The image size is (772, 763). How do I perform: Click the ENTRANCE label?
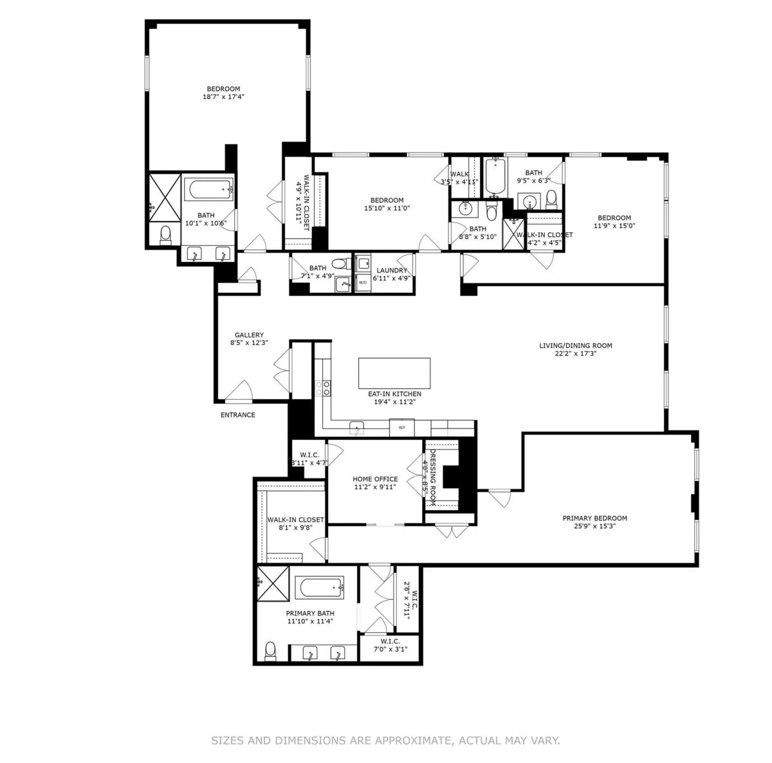point(238,415)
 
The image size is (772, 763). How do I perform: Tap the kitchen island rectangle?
point(394,373)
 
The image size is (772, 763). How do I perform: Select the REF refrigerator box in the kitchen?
point(401,427)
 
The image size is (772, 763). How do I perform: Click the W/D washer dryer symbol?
point(362,282)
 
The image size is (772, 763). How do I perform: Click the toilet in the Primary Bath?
point(271,651)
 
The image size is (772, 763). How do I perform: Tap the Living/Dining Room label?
point(575,346)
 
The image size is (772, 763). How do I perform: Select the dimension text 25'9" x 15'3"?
point(594,526)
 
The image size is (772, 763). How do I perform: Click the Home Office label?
point(375,479)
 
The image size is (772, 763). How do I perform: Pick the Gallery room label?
point(249,335)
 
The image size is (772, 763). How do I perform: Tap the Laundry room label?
point(392,270)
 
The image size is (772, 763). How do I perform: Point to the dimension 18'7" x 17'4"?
point(223,97)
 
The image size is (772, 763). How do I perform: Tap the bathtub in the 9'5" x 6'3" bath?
point(493,177)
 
